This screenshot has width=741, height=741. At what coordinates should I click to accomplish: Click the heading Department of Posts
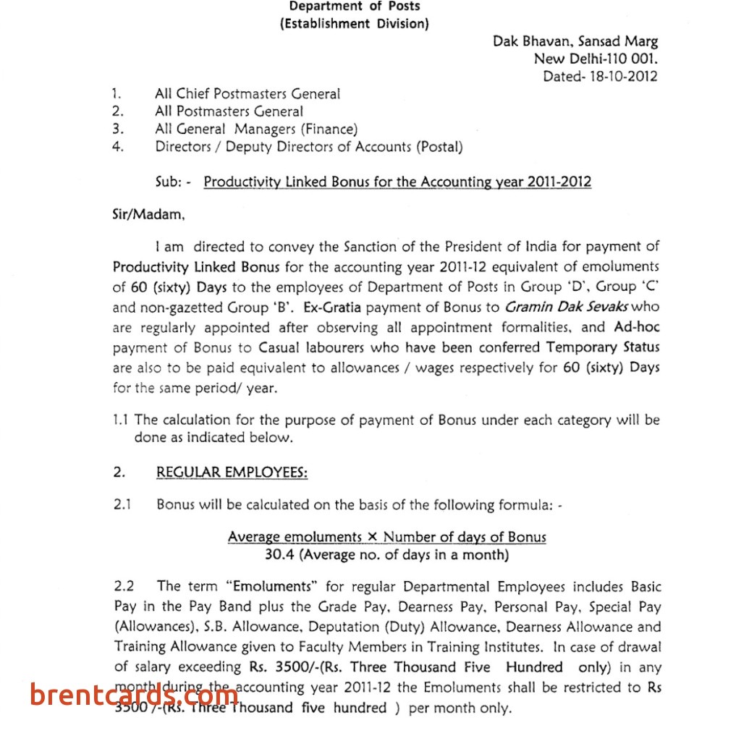[355, 7]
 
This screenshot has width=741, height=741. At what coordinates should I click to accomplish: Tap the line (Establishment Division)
[355, 24]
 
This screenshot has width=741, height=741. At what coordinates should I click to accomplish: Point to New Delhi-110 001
[596, 59]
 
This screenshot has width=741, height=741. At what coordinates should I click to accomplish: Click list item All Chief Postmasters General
[247, 93]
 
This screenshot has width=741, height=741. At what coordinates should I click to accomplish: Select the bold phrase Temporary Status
[603, 347]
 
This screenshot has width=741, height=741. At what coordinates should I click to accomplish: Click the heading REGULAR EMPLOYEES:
[232, 473]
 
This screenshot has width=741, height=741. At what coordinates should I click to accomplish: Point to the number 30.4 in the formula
[279, 555]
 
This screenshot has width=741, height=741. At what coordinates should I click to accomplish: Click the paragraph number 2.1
[122, 504]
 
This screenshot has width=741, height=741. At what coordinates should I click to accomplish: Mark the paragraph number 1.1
[121, 420]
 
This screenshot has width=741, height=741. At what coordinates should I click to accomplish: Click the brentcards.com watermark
[134, 696]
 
